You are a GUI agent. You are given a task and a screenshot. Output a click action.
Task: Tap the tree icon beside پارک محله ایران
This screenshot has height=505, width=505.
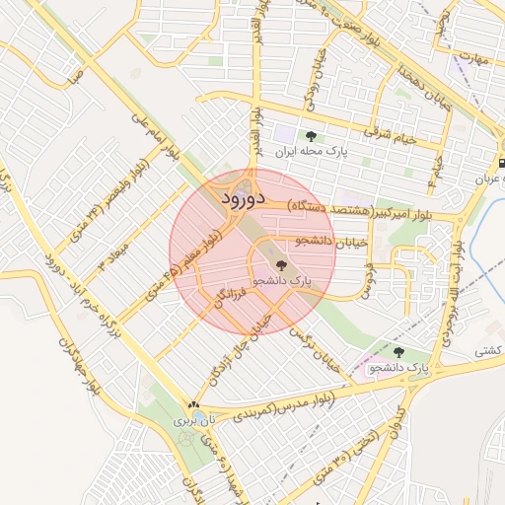click(312, 137)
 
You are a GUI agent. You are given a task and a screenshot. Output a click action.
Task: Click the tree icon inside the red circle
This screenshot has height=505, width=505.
click(280, 264)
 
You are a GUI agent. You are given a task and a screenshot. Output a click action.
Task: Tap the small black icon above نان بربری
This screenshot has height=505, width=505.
click(194, 404)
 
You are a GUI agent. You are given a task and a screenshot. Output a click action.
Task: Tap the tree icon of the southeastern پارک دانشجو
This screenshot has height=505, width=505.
click(398, 352)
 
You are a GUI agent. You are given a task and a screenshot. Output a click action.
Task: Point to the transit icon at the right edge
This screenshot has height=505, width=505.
click(500, 162)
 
